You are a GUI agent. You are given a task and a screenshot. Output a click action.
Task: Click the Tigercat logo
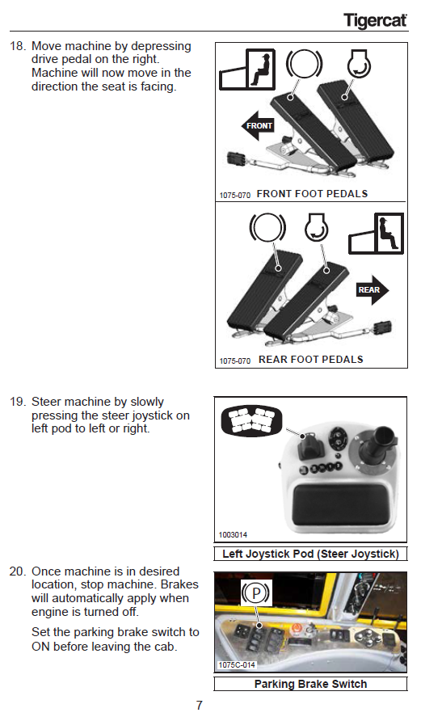point(376,21)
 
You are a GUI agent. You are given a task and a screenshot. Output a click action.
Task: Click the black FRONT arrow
point(258,125)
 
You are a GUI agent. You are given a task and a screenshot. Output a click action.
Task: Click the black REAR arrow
point(373,289)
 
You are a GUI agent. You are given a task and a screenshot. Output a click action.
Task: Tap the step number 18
point(17,46)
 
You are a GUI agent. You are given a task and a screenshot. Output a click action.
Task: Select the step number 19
point(17,402)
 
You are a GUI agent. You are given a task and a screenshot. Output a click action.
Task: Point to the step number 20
point(17,571)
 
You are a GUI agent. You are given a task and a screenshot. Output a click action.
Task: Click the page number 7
point(199,706)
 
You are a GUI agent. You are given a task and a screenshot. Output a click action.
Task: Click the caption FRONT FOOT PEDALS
point(312,193)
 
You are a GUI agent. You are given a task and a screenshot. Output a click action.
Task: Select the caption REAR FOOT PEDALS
point(310,360)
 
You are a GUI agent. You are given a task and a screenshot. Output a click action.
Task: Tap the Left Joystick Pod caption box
point(310,554)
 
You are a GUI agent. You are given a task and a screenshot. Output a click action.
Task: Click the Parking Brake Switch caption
point(310,684)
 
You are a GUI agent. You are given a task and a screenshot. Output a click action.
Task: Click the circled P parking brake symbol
point(255,592)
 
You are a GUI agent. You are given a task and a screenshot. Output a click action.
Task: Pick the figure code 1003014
point(233,535)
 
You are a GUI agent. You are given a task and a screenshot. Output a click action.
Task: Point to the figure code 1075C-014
point(237,665)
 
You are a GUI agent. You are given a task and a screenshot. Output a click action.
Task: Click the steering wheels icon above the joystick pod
point(251,420)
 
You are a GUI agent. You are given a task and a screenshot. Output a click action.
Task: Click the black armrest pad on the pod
point(342,504)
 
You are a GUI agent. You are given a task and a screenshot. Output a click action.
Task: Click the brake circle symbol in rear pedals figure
point(267,228)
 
